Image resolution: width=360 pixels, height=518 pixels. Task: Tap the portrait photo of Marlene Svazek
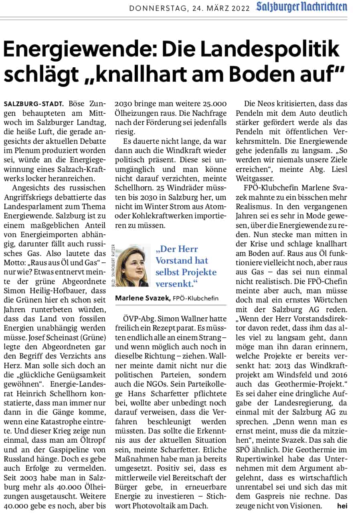[132, 265]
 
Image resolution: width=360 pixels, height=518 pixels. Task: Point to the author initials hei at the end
[342, 506]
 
